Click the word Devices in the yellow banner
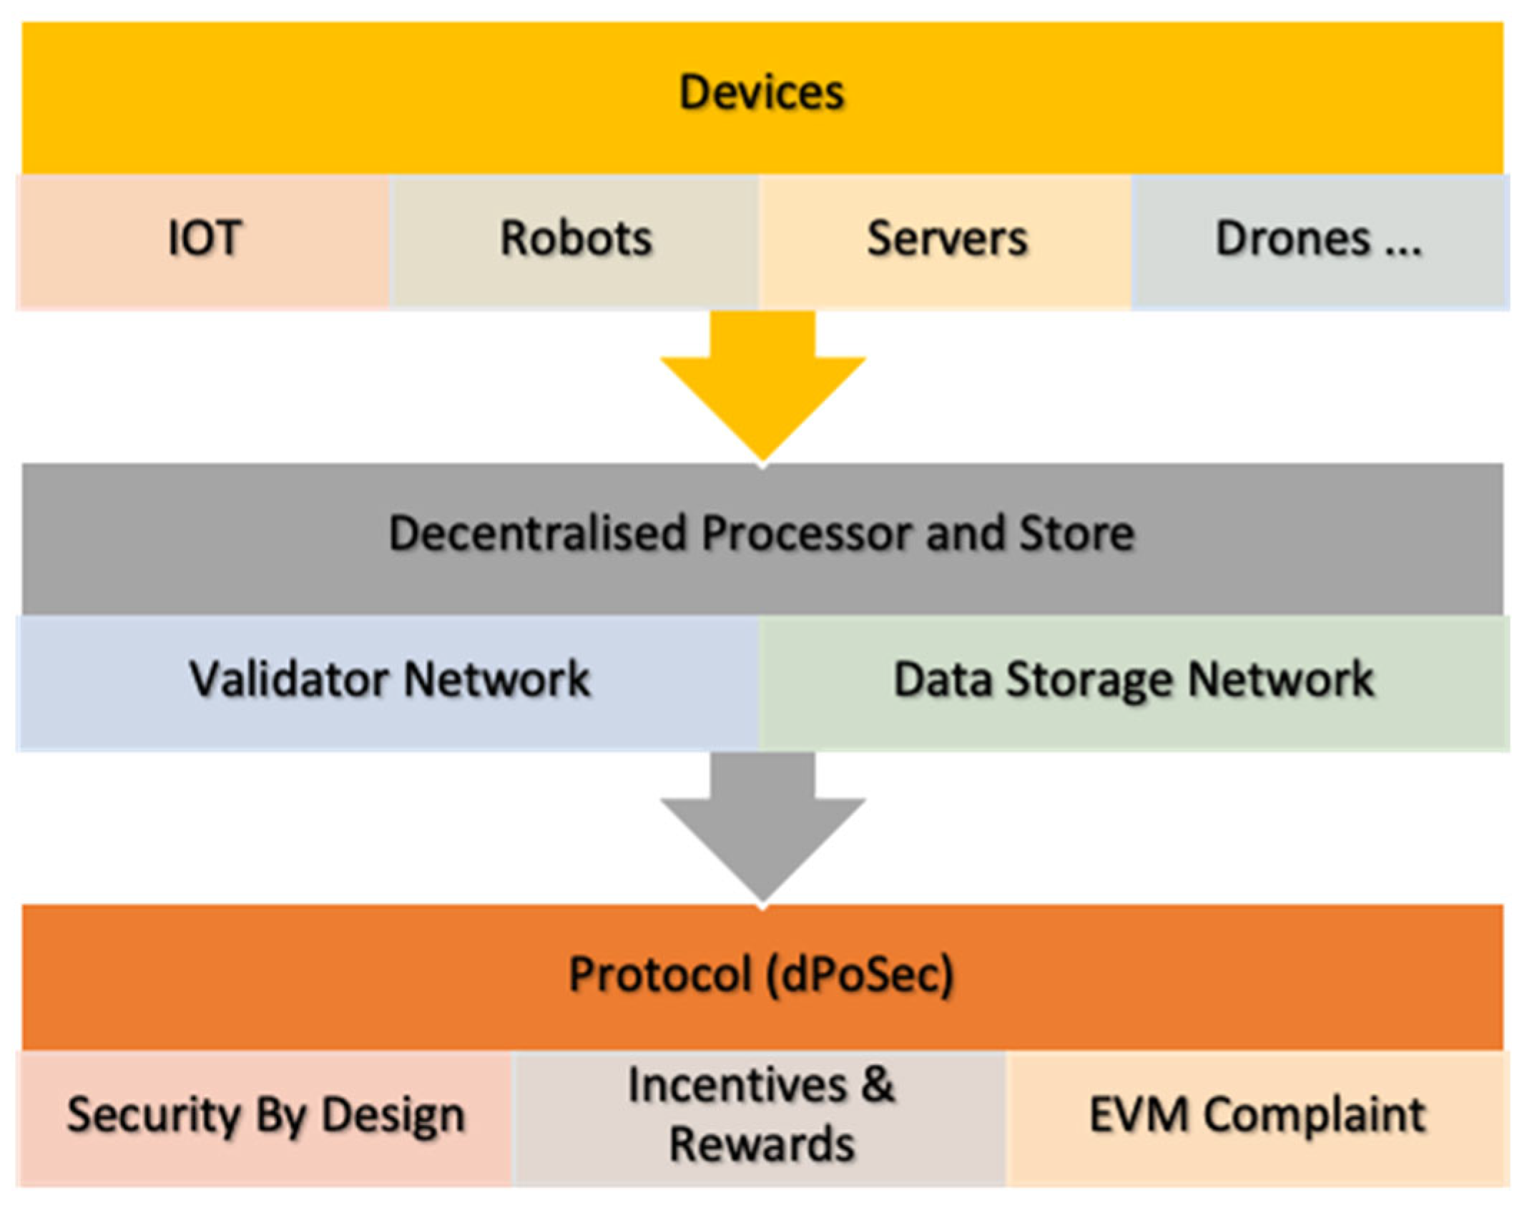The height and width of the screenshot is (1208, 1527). coord(762,93)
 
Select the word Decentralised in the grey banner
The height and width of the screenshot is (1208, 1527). coord(536,534)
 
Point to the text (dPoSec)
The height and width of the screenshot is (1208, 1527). coord(860,975)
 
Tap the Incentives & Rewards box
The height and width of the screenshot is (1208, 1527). coord(762,1116)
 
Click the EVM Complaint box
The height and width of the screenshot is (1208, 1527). coord(1257,1116)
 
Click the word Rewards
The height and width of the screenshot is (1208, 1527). coord(762,1144)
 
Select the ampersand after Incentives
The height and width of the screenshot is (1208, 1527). coord(878,1086)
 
